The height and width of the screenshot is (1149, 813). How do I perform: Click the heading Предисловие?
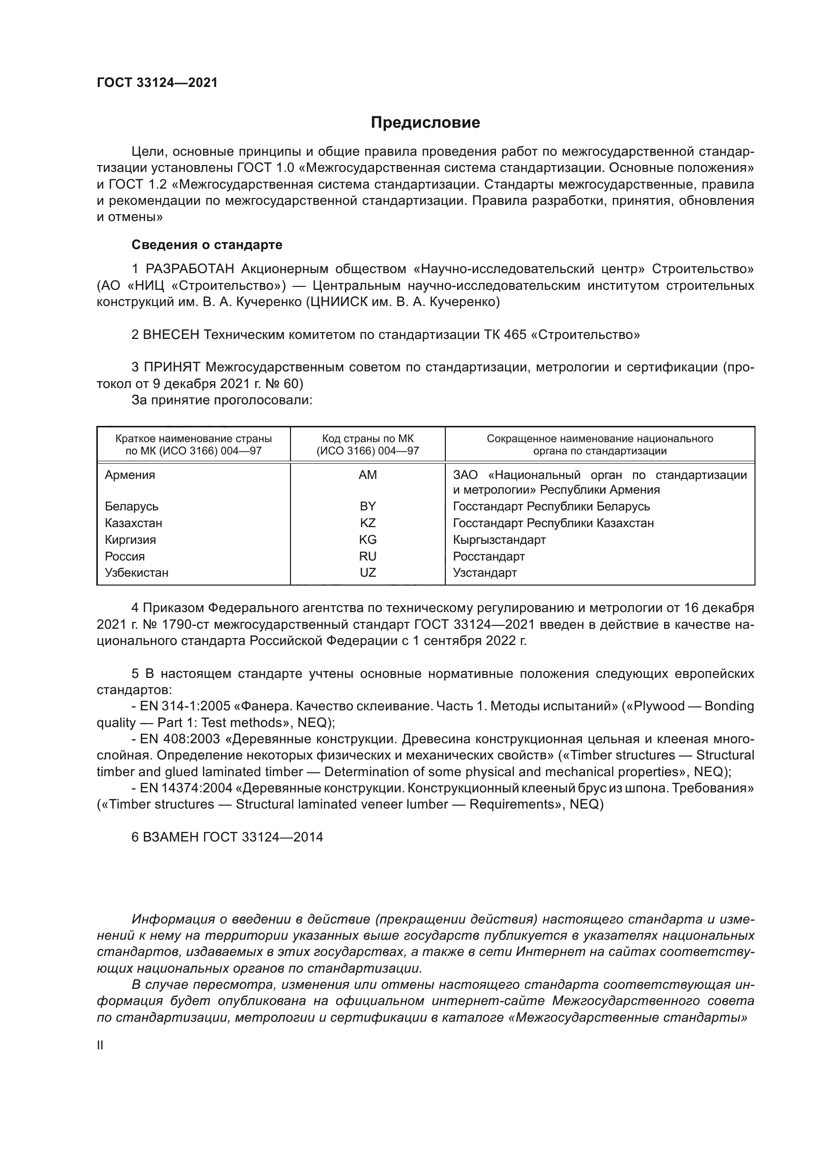click(x=425, y=123)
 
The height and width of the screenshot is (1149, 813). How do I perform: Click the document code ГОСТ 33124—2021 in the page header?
click(x=157, y=83)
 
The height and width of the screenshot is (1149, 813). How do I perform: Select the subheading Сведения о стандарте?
click(x=207, y=245)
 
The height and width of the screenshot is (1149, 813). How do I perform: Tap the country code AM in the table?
click(x=368, y=475)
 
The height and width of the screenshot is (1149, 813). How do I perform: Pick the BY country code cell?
click(x=368, y=506)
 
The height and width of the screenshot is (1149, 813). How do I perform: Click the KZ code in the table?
click(x=368, y=523)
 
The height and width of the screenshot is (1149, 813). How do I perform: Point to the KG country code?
click(x=368, y=539)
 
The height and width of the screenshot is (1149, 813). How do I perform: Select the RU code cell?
click(x=368, y=556)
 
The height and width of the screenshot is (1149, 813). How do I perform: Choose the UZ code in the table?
click(x=368, y=572)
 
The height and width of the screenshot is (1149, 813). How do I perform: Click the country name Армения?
click(x=130, y=475)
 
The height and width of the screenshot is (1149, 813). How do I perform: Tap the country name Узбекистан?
click(x=136, y=572)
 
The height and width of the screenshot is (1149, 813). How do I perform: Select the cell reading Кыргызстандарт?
click(x=499, y=539)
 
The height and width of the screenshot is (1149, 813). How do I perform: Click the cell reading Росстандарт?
click(x=489, y=556)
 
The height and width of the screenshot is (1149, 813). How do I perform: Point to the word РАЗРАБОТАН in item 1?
click(x=190, y=269)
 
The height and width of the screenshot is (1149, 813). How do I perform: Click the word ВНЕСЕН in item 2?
click(x=171, y=335)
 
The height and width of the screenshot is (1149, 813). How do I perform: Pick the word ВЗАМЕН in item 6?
click(x=171, y=837)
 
